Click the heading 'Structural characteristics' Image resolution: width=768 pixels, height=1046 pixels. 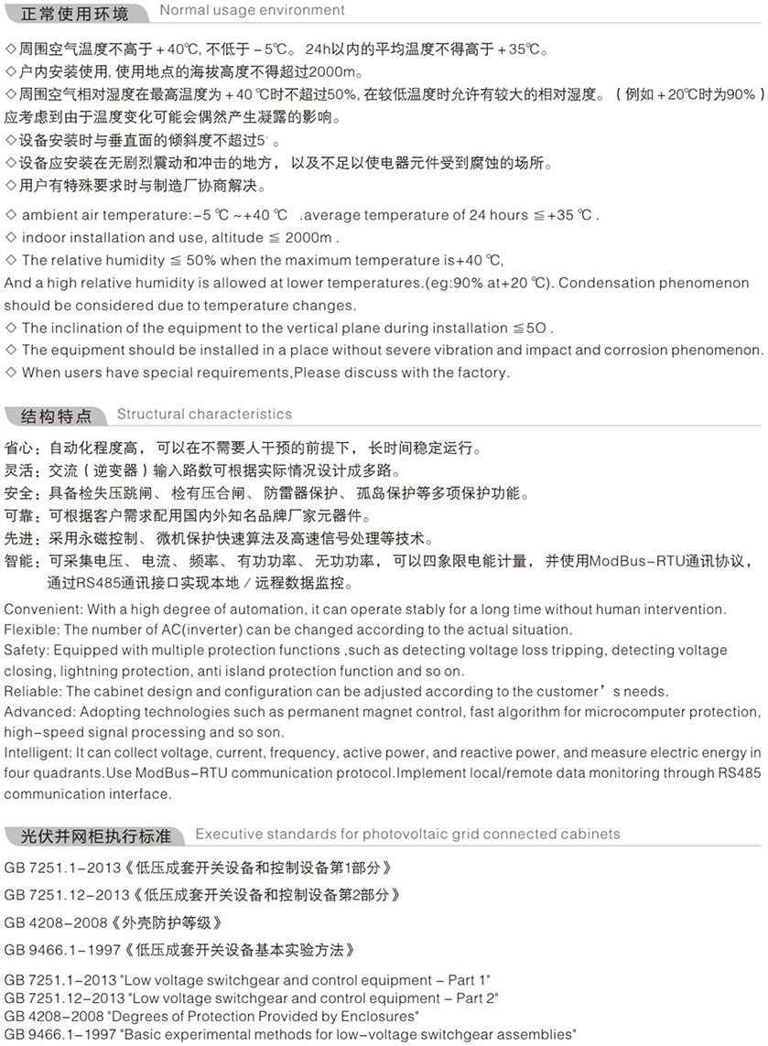[204, 415]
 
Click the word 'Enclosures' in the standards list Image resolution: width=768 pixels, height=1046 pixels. [384, 1016]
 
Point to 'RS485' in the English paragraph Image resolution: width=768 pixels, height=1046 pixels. [740, 773]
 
